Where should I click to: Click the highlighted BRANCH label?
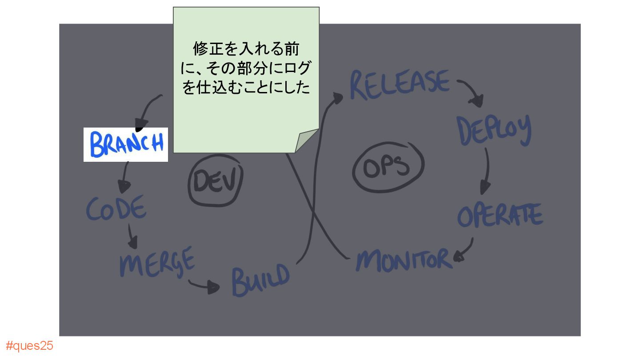(x=126, y=144)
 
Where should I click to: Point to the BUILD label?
(x=260, y=280)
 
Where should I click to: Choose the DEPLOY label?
(x=494, y=130)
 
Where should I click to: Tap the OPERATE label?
(x=500, y=216)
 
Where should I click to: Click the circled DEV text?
(x=216, y=182)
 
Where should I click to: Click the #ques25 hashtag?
(x=29, y=346)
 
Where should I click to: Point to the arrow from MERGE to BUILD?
(x=204, y=286)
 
